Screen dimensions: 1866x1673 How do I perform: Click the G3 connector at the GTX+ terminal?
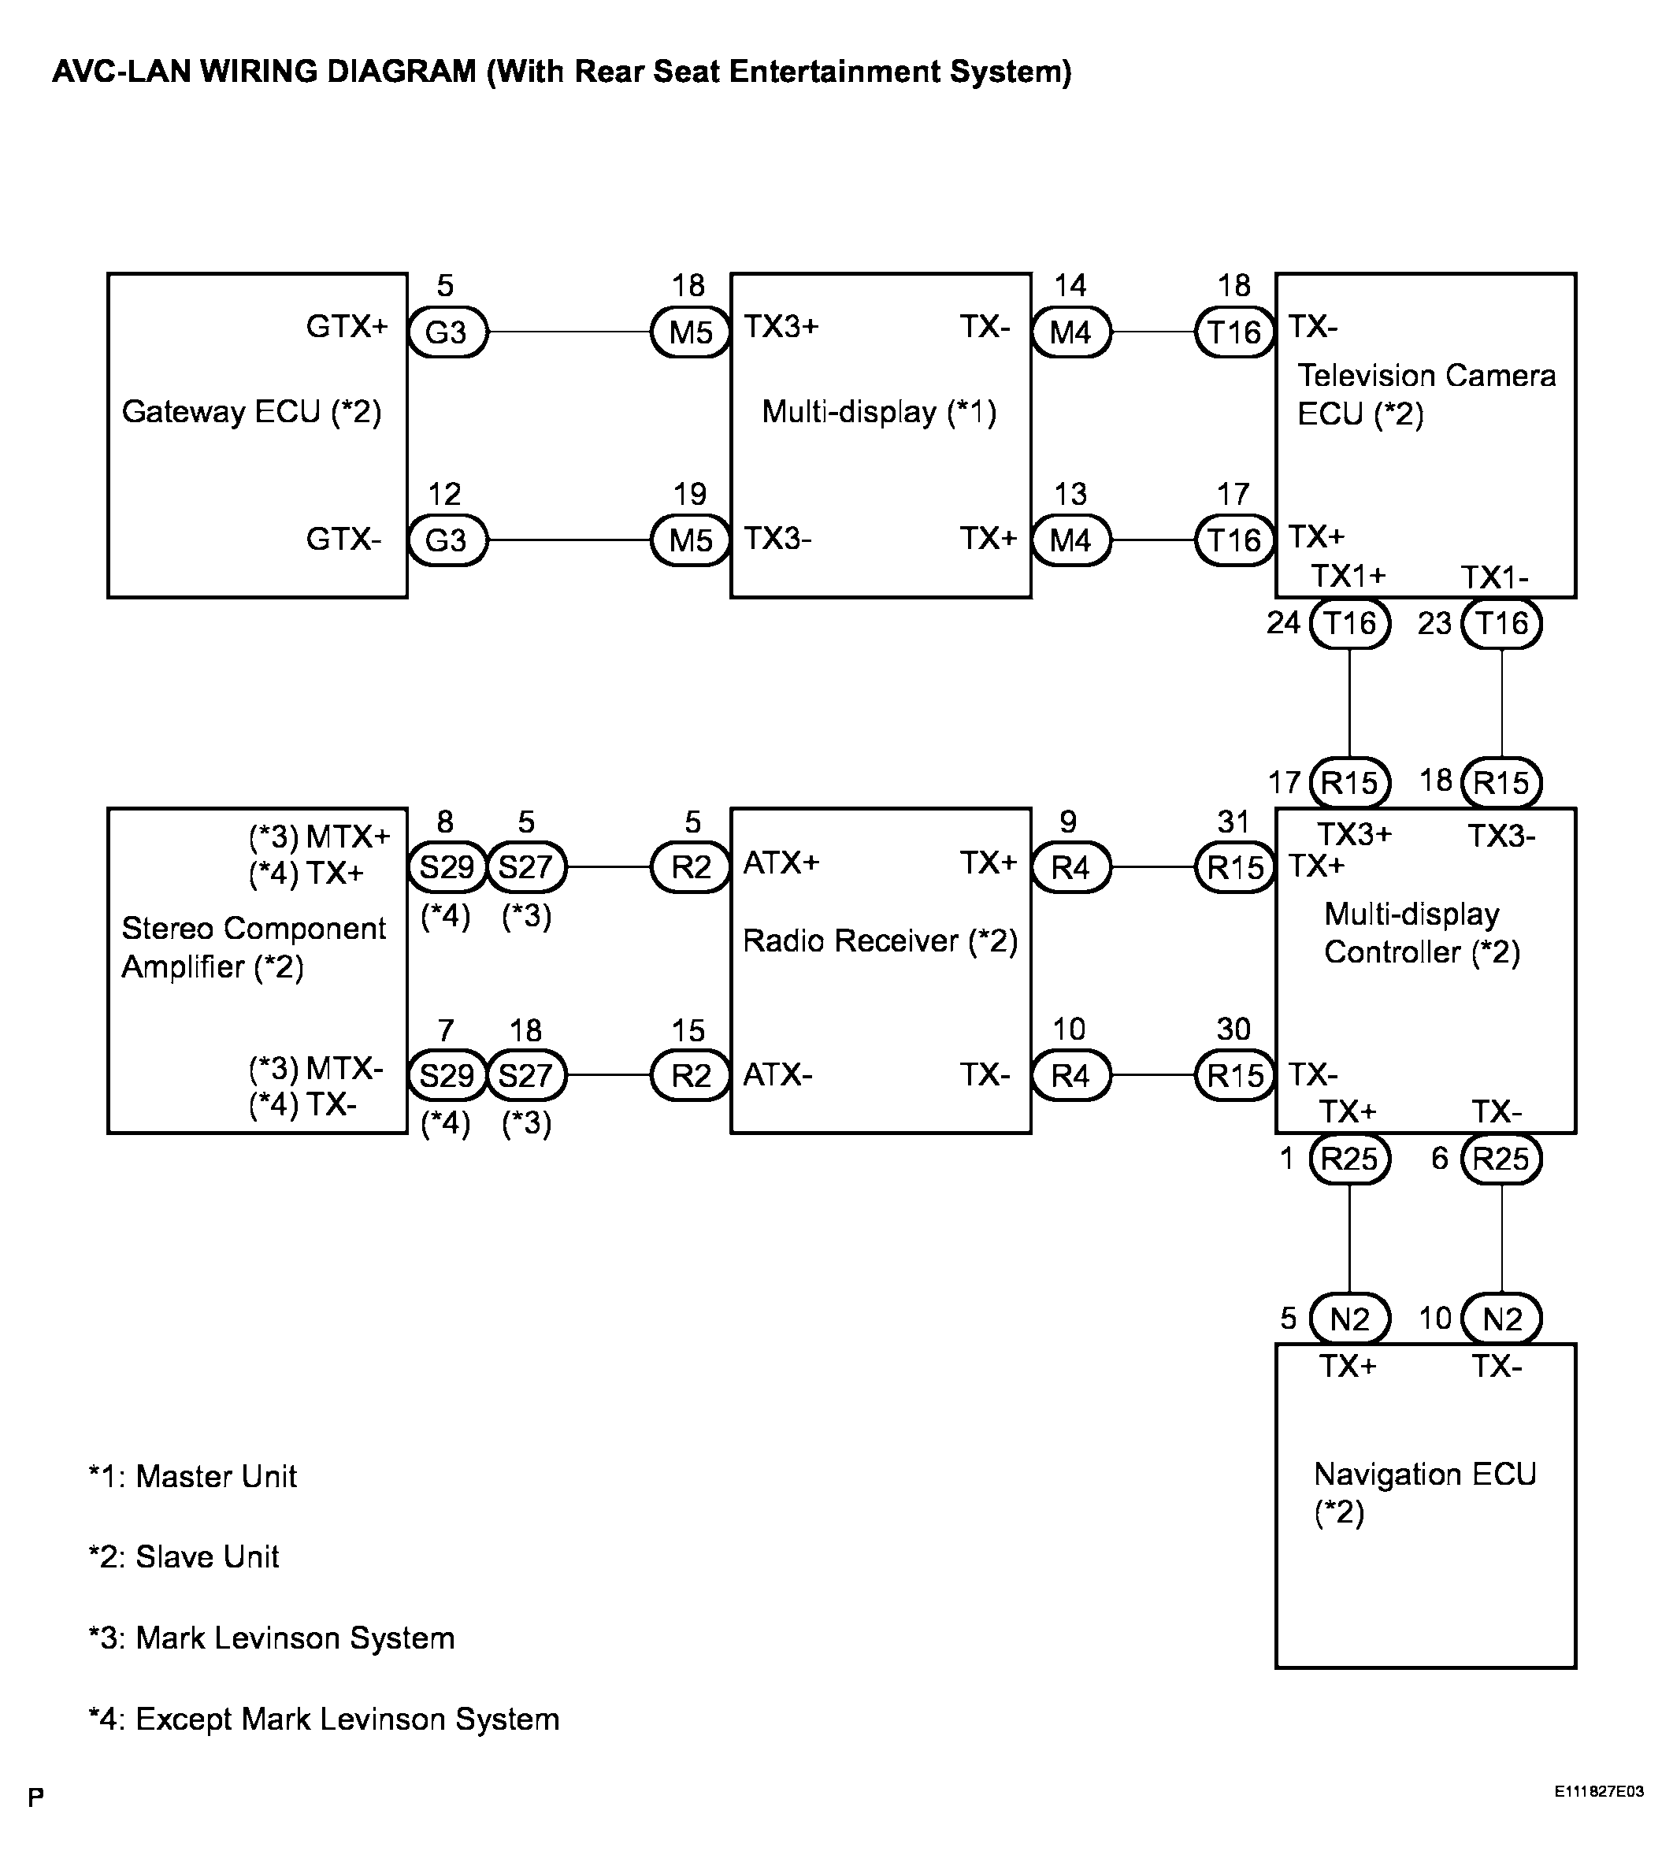click(x=447, y=332)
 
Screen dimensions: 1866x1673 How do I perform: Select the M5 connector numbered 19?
click(x=690, y=540)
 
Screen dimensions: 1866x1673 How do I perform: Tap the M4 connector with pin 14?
click(x=1071, y=332)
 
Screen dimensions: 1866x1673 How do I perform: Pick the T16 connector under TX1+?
click(x=1349, y=623)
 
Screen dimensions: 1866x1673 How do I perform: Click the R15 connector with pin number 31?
click(x=1234, y=866)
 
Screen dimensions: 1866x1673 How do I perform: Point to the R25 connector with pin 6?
click(x=1501, y=1158)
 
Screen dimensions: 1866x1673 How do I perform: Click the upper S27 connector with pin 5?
click(x=526, y=866)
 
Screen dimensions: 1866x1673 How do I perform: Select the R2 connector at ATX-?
click(x=690, y=1074)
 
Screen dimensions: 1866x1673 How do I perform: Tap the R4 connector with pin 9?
click(x=1071, y=866)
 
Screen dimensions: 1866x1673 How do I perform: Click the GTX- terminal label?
click(x=343, y=539)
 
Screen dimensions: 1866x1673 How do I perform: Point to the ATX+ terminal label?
click(x=781, y=863)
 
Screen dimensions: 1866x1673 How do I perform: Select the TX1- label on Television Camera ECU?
click(x=1495, y=577)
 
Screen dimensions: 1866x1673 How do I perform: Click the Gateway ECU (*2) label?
click(x=251, y=412)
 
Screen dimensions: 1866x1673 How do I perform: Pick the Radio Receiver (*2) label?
click(x=880, y=941)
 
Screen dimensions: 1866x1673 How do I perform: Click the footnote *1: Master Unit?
click(x=192, y=1476)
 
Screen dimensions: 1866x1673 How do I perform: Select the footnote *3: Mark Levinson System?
click(x=271, y=1638)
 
